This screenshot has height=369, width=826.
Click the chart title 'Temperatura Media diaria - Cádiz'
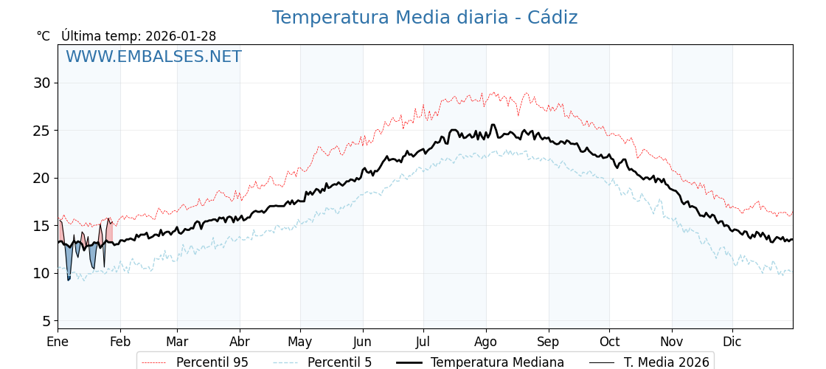424,18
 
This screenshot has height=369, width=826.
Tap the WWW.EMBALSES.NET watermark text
153,57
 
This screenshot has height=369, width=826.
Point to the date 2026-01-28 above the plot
181,36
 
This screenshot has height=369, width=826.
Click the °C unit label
44,36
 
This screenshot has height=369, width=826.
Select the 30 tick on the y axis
41,83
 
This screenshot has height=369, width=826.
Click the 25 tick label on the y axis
41,131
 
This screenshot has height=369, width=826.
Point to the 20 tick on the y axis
41,178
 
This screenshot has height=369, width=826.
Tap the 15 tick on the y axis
41,226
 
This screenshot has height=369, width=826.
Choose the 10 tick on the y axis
41,273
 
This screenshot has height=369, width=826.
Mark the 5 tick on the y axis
46,321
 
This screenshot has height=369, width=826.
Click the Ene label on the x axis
58,342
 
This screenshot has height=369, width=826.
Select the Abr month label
240,342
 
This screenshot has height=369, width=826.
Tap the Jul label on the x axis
423,342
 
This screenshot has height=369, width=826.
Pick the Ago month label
485,342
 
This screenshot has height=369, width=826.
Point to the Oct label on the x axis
609,342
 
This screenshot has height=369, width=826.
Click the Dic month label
732,342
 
